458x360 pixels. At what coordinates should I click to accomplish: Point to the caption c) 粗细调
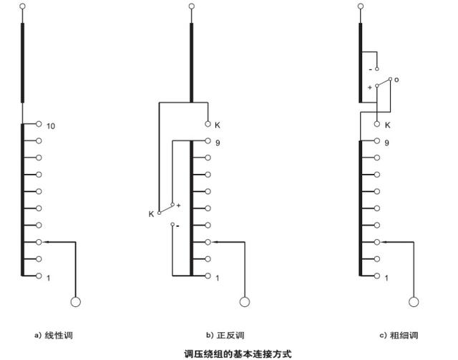coord(399,335)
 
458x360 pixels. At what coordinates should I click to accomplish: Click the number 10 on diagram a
coord(51,127)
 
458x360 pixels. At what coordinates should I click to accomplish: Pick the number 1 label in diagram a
coord(49,277)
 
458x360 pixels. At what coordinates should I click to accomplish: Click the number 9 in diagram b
coord(217,142)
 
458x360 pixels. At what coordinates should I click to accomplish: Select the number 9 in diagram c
coord(386,142)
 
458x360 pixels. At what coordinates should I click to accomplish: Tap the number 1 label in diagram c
coord(386,277)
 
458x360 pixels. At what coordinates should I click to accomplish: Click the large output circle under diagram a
coord(76,303)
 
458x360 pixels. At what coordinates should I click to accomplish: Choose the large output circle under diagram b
coord(245,303)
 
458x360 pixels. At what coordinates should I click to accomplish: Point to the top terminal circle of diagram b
coord(191,6)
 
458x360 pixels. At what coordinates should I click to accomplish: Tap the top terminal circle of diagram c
coord(361,6)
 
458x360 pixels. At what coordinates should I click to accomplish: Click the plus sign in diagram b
coord(178,205)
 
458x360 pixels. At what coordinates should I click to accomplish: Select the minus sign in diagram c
coord(371,69)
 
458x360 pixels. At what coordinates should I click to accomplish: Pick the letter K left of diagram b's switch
coord(150,213)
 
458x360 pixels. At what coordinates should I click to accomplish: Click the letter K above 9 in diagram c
coord(387,125)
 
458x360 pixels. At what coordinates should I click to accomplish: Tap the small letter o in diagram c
coord(396,79)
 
